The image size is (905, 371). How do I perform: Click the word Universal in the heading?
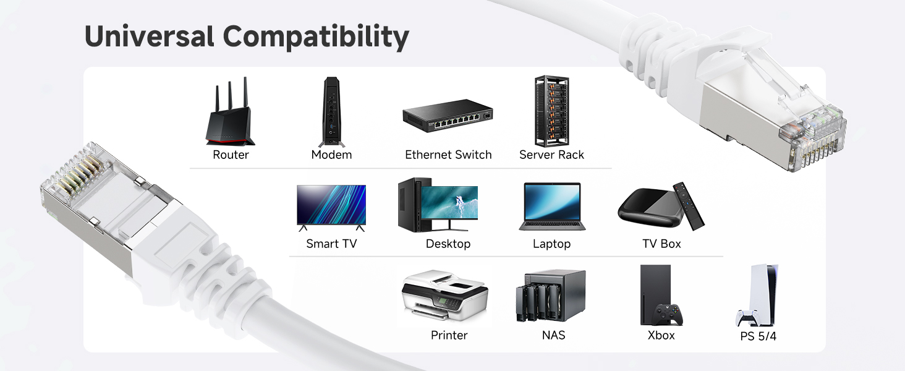point(150,36)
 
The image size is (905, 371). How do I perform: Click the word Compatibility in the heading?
point(316,38)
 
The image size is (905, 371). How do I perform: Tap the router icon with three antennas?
point(230,114)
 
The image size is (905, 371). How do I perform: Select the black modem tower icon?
point(331,111)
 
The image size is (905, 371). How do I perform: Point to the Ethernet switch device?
point(448,121)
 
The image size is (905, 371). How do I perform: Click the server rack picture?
point(551,111)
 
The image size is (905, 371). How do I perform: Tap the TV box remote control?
point(689,205)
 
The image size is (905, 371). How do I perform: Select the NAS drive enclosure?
point(550,296)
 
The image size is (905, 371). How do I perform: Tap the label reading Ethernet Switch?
point(448,155)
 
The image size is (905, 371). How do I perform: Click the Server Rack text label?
point(551,155)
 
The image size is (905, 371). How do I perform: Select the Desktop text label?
point(448,244)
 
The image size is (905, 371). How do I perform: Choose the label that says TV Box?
point(661,244)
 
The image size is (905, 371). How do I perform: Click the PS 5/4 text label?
point(758,337)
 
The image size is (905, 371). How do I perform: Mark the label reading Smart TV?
point(331,244)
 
